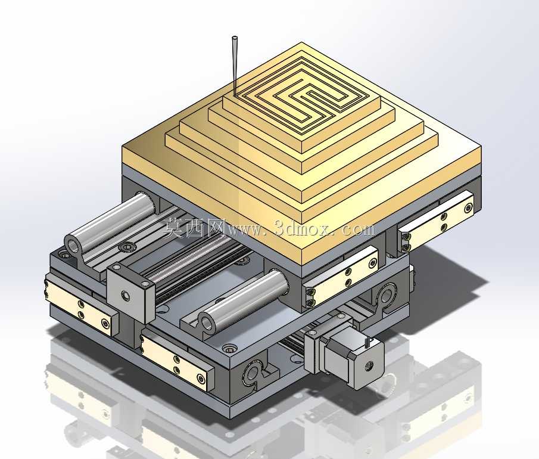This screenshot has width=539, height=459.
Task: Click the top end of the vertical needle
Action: pyautogui.click(x=235, y=38)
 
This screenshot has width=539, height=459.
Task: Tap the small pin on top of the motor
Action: pyautogui.click(x=368, y=342)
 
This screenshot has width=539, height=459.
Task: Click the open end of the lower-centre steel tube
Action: pyautogui.click(x=207, y=323)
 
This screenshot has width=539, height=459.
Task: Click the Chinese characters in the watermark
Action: pyautogui.click(x=194, y=228)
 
